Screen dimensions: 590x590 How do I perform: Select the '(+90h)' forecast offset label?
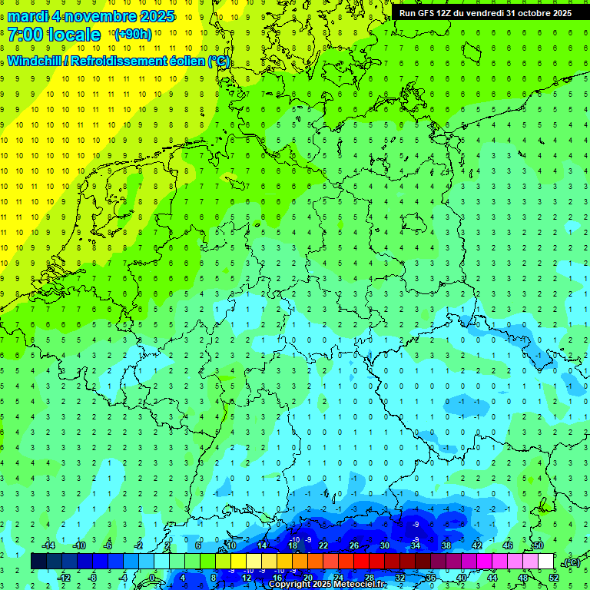132,35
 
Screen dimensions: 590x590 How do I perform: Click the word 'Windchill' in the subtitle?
35,61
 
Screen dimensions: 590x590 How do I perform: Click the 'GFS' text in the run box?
428,13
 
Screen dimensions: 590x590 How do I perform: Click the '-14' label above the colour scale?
48,545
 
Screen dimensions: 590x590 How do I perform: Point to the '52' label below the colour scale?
554,578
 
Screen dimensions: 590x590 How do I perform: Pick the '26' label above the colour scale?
354,545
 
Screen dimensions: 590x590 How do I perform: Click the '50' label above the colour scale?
539,545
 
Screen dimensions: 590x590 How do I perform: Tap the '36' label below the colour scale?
431,578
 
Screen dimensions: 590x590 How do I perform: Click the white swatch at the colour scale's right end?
546,562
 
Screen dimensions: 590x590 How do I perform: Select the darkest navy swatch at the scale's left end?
39,562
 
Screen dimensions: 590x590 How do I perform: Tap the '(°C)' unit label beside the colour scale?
570,562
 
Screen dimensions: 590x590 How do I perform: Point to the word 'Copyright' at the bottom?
291,585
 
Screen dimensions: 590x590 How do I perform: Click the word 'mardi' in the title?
28,16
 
